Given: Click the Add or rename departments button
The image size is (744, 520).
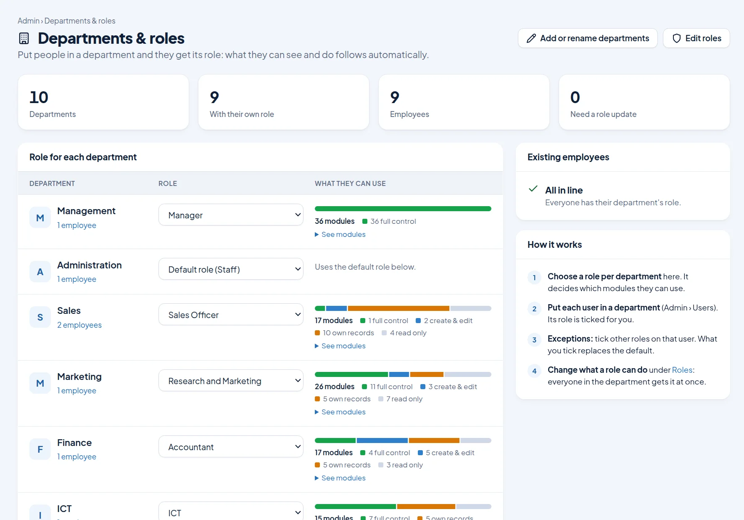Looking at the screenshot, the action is (588, 38).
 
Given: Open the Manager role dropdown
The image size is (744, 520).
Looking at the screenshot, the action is (231, 215).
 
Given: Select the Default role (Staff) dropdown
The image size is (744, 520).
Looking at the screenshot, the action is (231, 269).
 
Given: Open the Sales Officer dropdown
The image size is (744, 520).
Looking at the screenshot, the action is (231, 315).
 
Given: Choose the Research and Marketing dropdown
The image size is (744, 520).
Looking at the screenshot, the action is (231, 381).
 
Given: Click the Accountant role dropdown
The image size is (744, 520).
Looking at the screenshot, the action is (231, 447).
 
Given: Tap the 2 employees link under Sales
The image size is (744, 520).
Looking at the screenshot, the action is (79, 325).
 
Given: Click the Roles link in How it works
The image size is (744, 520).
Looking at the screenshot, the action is (682, 370).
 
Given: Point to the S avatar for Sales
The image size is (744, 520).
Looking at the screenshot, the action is (40, 317).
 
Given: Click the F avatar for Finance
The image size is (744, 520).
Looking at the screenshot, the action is (40, 449).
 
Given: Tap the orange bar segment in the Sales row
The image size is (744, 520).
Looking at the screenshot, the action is (398, 308).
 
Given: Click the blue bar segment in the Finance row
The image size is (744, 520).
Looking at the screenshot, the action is (382, 440).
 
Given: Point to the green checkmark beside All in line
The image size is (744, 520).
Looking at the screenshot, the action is (533, 189).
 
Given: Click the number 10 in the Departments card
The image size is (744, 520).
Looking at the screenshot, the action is (39, 97).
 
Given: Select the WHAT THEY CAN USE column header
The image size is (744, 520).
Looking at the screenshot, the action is (350, 183).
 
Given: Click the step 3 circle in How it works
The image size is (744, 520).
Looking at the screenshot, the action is (534, 340).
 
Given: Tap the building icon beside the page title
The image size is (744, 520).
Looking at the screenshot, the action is (24, 38).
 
